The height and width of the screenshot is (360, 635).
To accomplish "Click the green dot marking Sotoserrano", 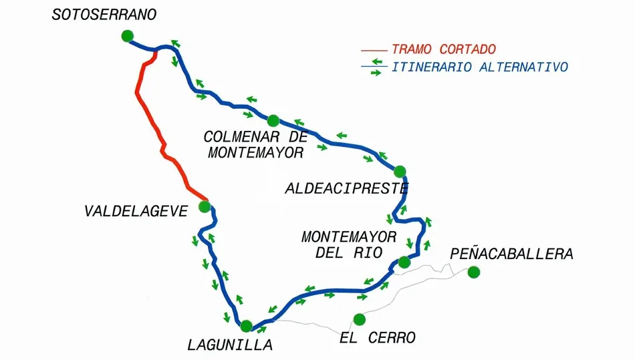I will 128,37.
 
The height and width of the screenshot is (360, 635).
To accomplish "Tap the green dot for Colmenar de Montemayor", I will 273,121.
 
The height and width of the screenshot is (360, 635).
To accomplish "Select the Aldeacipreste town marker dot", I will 400,171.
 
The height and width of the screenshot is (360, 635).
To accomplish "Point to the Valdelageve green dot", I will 205,206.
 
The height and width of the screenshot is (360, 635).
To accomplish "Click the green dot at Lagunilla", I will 246,326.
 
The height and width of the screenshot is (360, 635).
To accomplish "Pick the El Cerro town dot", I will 360,319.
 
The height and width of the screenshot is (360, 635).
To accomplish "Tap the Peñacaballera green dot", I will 474,271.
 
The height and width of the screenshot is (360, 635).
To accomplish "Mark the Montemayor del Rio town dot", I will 404,262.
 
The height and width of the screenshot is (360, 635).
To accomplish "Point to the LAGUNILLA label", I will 230,345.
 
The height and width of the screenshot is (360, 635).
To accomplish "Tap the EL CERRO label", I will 378,337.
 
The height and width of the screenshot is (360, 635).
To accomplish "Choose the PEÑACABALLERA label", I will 511,254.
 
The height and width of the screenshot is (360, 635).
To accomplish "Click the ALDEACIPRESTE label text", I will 346,188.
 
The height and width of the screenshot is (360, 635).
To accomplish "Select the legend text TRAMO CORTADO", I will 444,49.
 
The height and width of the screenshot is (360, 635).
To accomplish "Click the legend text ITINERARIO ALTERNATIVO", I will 480,67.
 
